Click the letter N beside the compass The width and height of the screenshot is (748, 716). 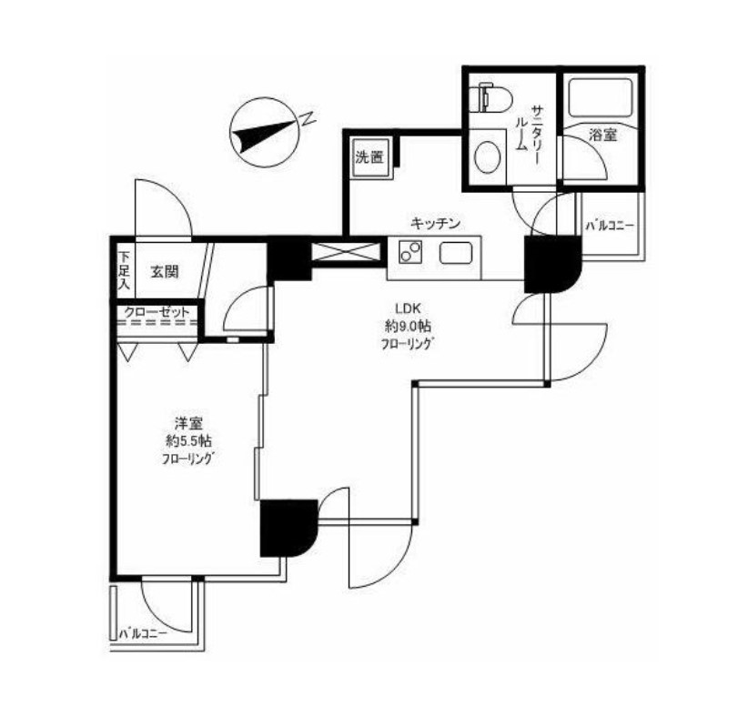308,118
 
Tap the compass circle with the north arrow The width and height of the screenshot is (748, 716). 264,132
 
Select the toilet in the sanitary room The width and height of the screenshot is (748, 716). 490,97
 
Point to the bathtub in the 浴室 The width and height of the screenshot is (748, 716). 601,97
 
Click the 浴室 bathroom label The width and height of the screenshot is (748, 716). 603,135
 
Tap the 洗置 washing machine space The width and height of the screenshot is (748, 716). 370,157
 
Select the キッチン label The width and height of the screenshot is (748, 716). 435,223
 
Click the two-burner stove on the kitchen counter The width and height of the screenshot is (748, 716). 410,252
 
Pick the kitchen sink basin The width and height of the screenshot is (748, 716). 456,252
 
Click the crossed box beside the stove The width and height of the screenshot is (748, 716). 347,251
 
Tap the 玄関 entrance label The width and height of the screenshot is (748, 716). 165,272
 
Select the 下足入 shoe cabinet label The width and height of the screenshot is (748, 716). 124,270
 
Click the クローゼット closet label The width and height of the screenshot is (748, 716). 157,312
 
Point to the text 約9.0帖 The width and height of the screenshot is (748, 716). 409,327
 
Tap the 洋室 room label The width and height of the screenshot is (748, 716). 189,423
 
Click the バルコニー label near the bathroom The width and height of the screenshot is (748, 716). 611,225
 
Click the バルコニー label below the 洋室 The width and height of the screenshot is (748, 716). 143,634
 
